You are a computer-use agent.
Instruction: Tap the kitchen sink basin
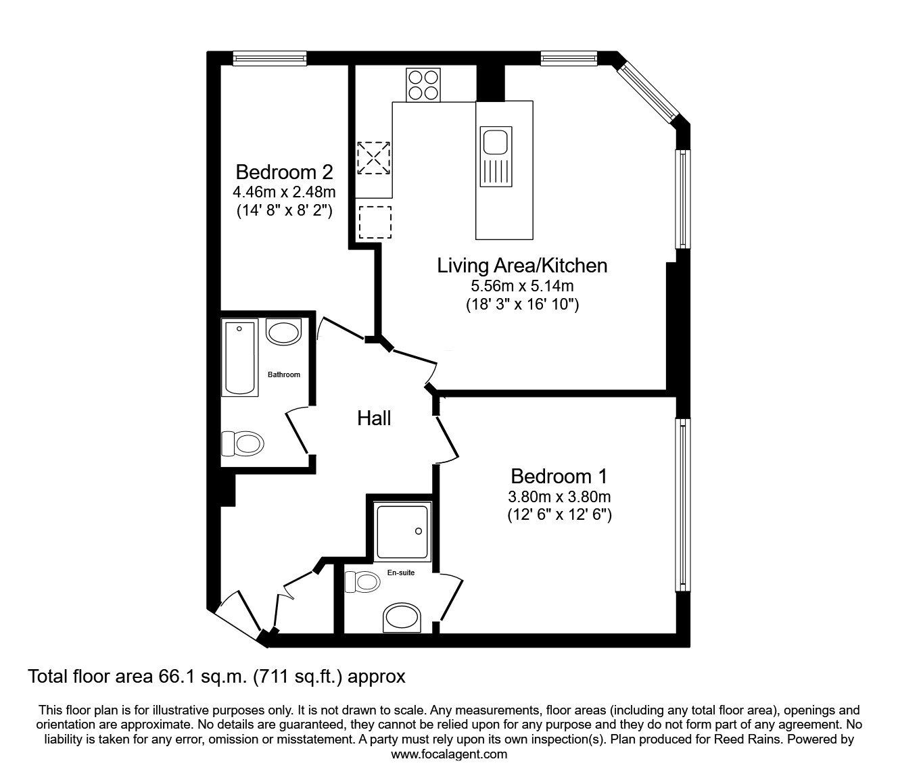[x=496, y=141]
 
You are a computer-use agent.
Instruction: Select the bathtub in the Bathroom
[x=239, y=357]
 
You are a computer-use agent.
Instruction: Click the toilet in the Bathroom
[x=243, y=443]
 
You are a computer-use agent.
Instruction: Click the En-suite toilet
[x=362, y=582]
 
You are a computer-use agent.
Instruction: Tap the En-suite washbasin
[x=402, y=618]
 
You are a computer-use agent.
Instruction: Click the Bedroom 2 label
[x=284, y=172]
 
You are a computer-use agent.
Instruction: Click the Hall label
[x=374, y=418]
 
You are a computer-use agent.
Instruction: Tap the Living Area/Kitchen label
[x=522, y=266]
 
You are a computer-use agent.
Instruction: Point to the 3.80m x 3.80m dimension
[x=560, y=496]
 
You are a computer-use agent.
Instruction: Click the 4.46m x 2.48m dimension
[x=284, y=191]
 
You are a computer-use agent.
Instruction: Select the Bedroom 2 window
[x=270, y=58]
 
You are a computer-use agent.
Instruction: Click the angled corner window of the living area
[x=648, y=93]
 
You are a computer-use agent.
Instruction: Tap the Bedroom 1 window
[x=683, y=505]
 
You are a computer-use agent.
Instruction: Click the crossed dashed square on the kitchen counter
[x=373, y=158]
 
